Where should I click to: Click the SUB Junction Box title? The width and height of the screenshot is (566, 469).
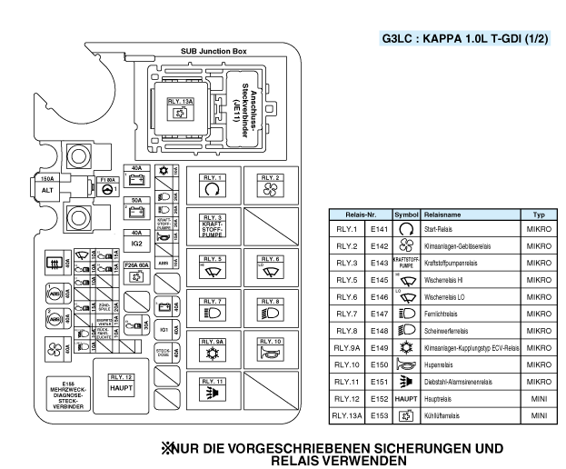[x=213, y=52]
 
